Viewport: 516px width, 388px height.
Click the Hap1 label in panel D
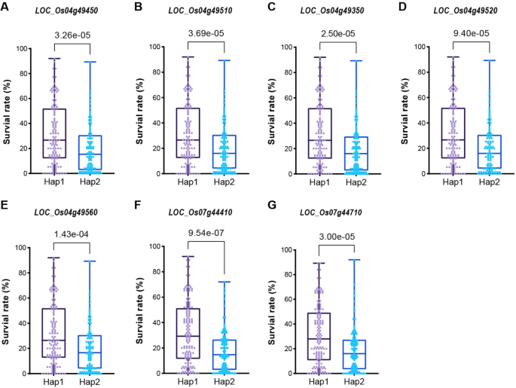pyautogui.click(x=453, y=182)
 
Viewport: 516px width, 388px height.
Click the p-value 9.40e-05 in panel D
pyautogui.click(x=471, y=33)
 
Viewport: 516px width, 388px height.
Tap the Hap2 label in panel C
pyautogui.click(x=356, y=182)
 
